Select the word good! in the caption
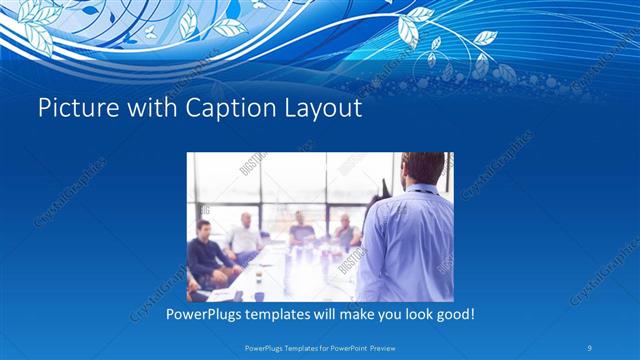pyautogui.click(x=453, y=314)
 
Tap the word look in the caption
pyautogui.click(x=408, y=314)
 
